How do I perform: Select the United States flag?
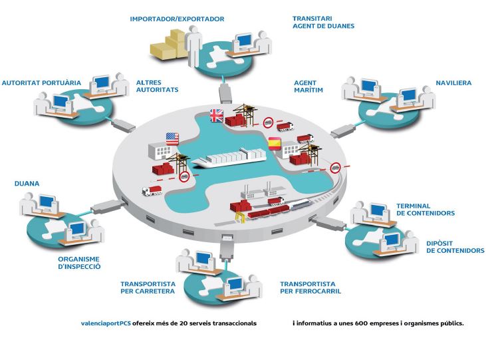point(172,139)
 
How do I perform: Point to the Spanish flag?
point(273,142)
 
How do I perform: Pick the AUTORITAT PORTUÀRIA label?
point(41,83)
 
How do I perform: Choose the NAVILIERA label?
point(453,83)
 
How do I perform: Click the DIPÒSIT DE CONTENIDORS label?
point(455,247)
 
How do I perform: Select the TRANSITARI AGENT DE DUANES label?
point(323,22)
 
